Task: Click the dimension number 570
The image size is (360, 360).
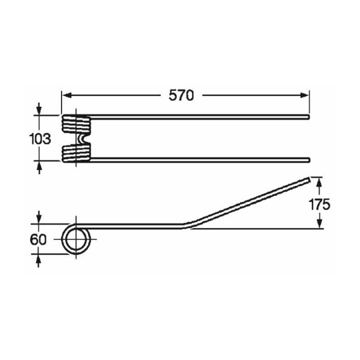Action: pyautogui.click(x=181, y=95)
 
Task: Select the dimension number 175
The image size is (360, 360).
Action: pyautogui.click(x=319, y=204)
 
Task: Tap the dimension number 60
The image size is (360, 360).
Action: pyautogui.click(x=39, y=239)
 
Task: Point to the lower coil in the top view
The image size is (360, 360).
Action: pyautogui.click(x=76, y=153)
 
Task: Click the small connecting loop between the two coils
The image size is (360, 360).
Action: pyautogui.click(x=81, y=139)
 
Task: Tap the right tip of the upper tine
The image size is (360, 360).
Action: pyautogui.click(x=309, y=118)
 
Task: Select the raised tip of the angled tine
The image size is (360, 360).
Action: pyautogui.click(x=308, y=180)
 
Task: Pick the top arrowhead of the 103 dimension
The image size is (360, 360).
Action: pyautogui.click(x=39, y=109)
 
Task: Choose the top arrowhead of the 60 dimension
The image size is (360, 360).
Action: pyautogui.click(x=39, y=218)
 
